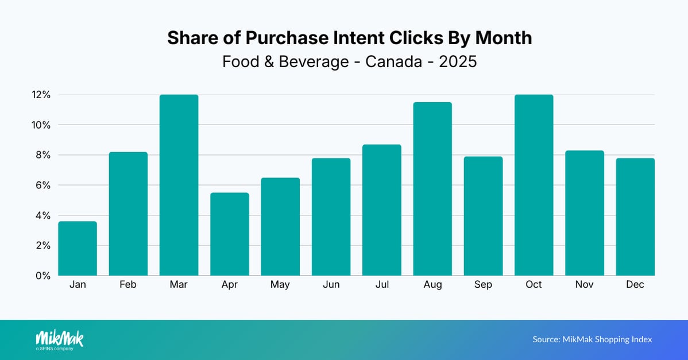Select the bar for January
78,249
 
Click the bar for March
179,185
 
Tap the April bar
230,234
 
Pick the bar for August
432,189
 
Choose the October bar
534,185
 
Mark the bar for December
635,217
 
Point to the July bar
382,210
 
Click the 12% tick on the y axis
41,95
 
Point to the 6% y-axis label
43,185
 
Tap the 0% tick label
43,276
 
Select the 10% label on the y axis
41,125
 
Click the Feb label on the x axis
128,285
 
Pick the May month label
280,285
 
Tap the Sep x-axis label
483,285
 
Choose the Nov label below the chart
585,285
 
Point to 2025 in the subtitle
458,61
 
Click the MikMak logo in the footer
59,339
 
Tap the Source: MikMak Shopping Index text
592,339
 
